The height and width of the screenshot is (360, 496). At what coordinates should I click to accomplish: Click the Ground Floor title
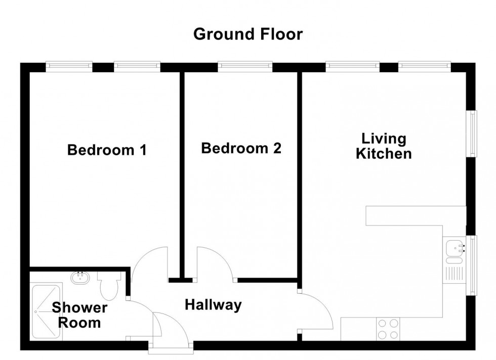(x=248, y=34)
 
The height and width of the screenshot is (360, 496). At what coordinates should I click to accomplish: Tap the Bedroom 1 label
(x=107, y=150)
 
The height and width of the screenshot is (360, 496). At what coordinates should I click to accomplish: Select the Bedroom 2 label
(x=241, y=149)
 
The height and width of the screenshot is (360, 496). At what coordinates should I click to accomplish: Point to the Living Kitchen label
(x=383, y=146)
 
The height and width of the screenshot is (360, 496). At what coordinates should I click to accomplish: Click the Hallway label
(x=213, y=305)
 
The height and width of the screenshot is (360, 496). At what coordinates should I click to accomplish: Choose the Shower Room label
(x=79, y=315)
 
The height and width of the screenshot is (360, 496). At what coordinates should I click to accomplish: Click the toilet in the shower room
(x=109, y=287)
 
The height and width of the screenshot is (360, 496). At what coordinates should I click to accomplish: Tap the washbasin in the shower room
(x=80, y=278)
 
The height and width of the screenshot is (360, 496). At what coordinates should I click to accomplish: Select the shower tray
(x=46, y=312)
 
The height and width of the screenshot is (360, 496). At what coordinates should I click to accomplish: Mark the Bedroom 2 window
(x=245, y=66)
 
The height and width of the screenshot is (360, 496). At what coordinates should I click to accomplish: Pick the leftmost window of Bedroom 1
(x=69, y=66)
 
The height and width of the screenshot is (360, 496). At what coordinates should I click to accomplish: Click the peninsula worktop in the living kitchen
(x=415, y=215)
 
